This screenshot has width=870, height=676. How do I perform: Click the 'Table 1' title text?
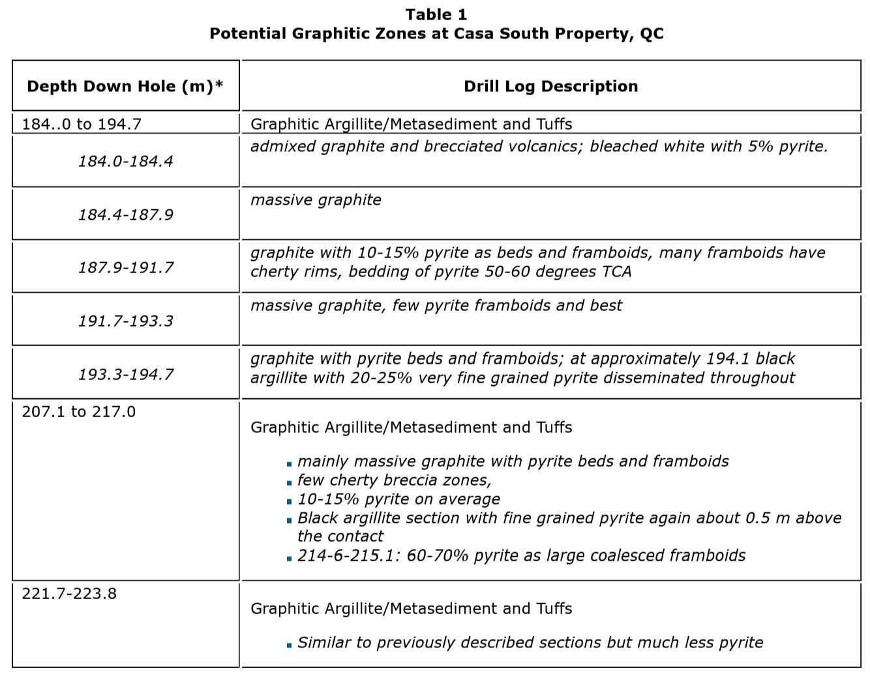click(436, 14)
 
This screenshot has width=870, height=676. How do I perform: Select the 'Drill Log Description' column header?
click(550, 86)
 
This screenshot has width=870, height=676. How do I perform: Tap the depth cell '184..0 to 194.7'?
click(82, 124)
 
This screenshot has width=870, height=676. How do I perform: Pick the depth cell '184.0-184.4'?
click(126, 161)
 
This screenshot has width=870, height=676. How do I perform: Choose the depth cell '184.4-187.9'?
click(126, 214)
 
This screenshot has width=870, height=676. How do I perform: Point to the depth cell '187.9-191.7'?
click(126, 267)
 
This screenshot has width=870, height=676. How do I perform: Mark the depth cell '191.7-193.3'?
click(126, 321)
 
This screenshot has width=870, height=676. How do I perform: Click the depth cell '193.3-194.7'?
click(126, 374)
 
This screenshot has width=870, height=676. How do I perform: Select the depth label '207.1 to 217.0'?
click(79, 411)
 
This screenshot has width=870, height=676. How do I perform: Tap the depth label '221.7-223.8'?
click(69, 593)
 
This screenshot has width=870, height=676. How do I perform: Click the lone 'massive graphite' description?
click(316, 199)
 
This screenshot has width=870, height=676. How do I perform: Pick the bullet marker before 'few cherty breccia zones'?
click(289, 483)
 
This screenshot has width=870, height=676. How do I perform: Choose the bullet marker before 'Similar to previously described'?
click(289, 645)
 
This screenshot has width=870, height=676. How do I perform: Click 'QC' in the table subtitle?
click(652, 33)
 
